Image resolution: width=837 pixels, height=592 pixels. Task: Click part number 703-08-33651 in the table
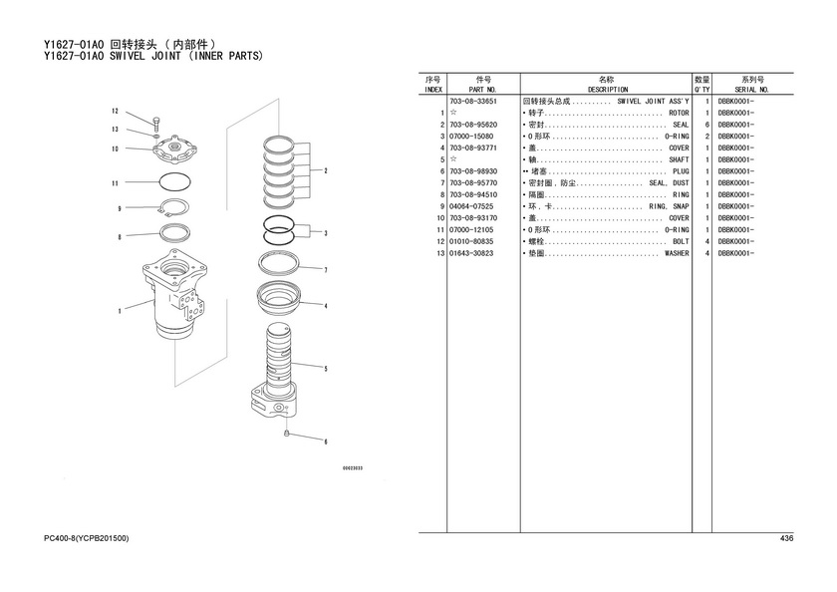(473, 102)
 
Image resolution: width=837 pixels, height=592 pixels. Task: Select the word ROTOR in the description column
(679, 114)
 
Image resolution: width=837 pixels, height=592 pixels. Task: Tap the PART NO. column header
(482, 90)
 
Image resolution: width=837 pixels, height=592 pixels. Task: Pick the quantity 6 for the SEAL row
(707, 125)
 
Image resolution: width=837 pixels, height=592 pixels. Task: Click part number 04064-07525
(471, 206)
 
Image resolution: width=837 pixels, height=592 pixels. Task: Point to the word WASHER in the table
(677, 253)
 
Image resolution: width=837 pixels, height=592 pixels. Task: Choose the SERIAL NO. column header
(751, 90)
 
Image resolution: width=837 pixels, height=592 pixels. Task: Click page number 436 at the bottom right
(786, 538)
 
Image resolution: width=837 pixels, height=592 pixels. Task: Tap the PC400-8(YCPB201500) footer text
(87, 538)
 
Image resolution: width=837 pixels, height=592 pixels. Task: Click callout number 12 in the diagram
(115, 111)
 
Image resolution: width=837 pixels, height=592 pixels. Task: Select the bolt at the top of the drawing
(155, 124)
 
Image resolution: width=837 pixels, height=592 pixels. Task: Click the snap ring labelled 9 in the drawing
(174, 199)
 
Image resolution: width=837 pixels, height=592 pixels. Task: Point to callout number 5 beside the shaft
(326, 369)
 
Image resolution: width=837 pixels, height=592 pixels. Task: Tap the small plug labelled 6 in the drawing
(287, 433)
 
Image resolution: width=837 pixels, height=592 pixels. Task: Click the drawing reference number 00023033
(353, 468)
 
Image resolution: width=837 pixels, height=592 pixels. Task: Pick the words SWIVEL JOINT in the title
(145, 56)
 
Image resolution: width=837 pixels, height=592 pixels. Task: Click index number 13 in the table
(440, 253)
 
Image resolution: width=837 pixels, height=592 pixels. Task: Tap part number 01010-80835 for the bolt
(471, 242)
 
